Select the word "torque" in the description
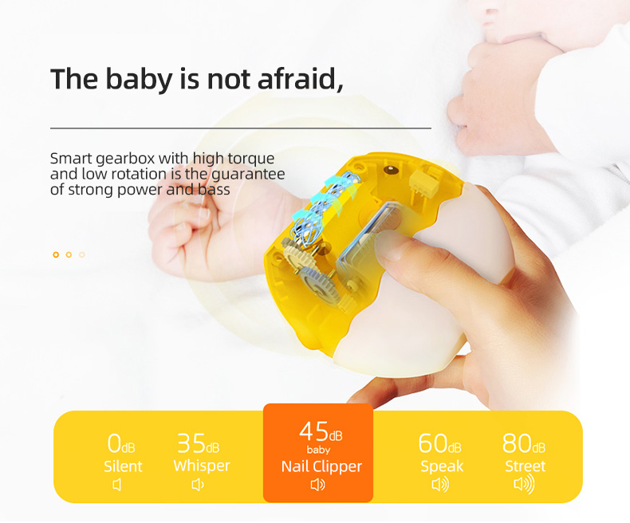[x=248, y=159]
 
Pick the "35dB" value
[x=198, y=444]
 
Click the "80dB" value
[x=524, y=444]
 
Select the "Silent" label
[x=124, y=466]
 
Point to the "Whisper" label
[x=202, y=466]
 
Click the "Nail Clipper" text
[x=321, y=466]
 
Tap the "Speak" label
[x=442, y=466]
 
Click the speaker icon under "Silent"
[x=117, y=485]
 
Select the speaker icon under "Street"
[x=524, y=485]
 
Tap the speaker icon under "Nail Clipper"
[x=317, y=485]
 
